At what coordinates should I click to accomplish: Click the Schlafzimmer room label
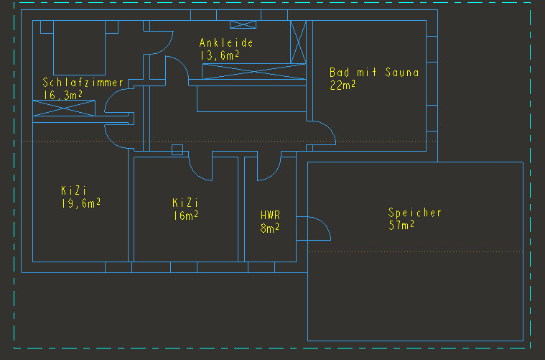coord(83,82)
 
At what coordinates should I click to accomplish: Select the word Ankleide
coord(226,43)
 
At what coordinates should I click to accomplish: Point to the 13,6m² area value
coord(219,55)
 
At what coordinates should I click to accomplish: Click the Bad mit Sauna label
coord(373,73)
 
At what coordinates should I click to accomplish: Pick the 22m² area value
coord(343,85)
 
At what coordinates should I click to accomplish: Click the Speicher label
coord(415,213)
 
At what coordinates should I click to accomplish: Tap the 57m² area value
coord(401,226)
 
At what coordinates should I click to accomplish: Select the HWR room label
coord(270,215)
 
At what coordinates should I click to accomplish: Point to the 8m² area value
coord(269,228)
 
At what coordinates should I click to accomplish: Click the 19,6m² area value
coord(80,203)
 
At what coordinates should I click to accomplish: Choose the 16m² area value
coord(185,215)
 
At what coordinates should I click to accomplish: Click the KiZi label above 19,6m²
coord(73,191)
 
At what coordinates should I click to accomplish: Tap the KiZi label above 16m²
coord(185,203)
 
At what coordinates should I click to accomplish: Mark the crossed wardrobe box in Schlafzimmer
coord(64,109)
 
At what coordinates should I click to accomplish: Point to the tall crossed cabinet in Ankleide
coord(298,42)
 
